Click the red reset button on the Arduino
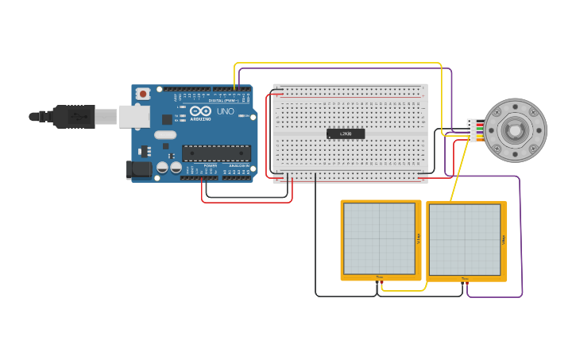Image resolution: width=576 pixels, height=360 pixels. coord(143,94)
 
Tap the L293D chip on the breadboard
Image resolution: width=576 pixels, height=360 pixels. coord(346,134)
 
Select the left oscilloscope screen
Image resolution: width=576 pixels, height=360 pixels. coord(379,238)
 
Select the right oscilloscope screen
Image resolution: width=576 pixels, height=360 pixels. coord(465,239)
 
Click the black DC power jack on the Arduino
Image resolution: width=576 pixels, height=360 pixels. coord(140,168)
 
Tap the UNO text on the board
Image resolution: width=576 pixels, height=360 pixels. coord(226,111)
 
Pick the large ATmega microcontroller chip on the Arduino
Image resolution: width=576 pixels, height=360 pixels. coord(216,153)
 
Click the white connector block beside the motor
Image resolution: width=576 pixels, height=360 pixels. coord(471,130)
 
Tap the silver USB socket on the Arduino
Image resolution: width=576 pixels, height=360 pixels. coord(134,117)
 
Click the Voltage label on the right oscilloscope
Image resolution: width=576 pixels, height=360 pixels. coord(503,239)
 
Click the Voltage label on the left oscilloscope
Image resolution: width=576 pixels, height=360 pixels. coord(417,238)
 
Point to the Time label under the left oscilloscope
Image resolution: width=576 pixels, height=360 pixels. coord(379,277)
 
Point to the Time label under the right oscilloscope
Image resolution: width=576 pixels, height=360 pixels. coord(465,278)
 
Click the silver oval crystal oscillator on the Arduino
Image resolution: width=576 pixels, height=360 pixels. coord(165,135)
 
